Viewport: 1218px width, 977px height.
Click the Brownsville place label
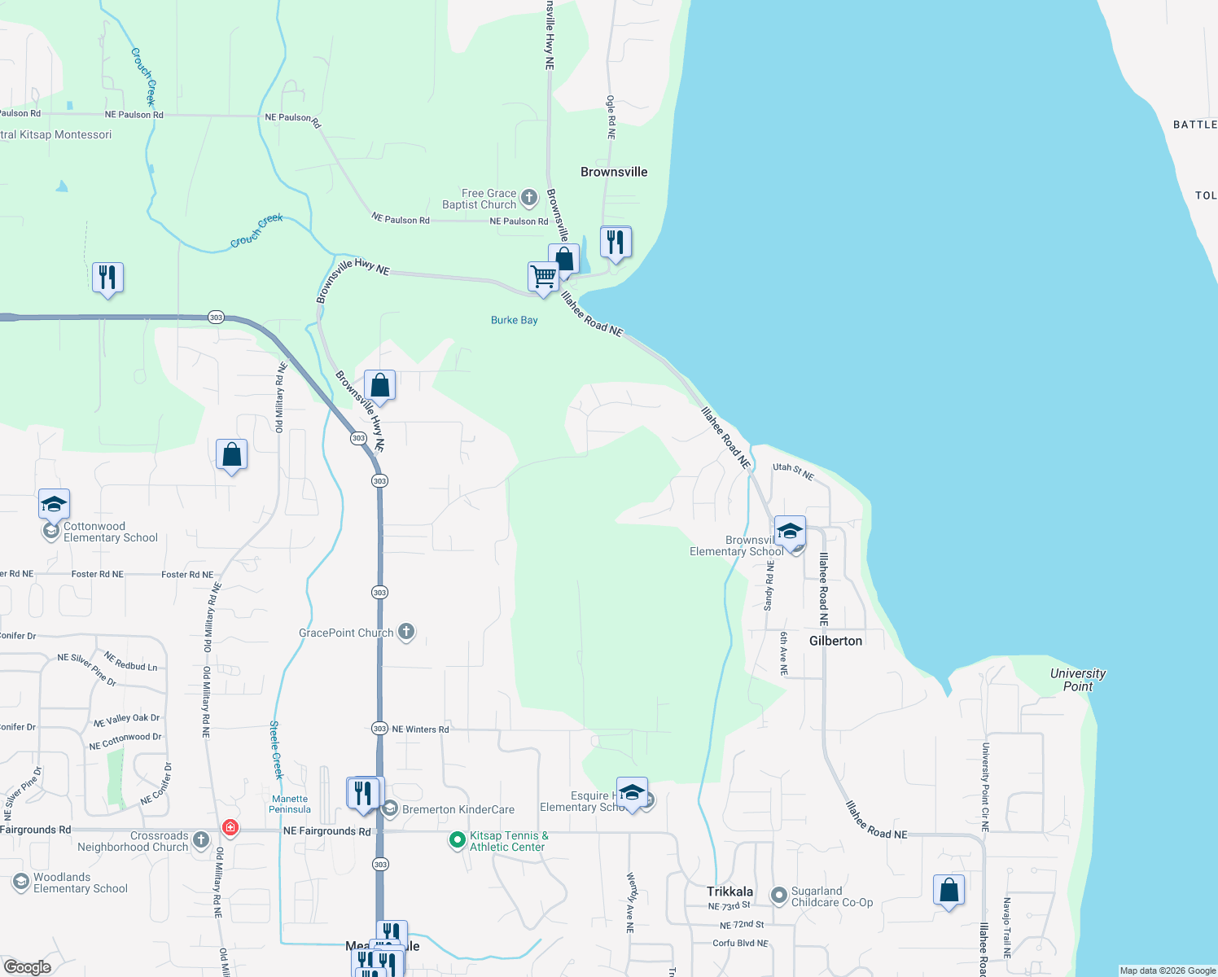click(614, 172)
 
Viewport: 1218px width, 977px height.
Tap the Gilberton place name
click(835, 641)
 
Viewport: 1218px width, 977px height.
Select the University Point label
click(1077, 680)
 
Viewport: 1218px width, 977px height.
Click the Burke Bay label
click(514, 320)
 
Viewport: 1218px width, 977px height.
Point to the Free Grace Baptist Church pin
click(529, 197)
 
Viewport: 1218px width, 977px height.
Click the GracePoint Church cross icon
click(406, 633)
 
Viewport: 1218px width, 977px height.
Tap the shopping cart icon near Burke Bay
click(543, 277)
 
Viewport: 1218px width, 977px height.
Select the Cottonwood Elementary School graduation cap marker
click(54, 505)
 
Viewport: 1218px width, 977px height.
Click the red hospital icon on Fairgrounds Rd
click(230, 827)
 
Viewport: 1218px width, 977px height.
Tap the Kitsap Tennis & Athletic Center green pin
click(458, 839)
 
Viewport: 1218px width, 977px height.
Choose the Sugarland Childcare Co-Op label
click(831, 896)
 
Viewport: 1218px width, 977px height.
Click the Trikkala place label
click(729, 892)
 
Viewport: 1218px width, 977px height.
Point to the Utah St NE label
click(793, 471)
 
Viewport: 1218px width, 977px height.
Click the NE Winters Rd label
click(420, 729)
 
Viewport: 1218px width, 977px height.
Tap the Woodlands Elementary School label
click(80, 883)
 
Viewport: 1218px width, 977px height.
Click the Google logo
click(28, 967)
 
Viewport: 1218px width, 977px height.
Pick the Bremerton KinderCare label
click(458, 809)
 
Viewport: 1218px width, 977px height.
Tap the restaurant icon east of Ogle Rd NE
click(616, 243)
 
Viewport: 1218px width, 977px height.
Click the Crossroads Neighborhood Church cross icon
click(201, 839)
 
